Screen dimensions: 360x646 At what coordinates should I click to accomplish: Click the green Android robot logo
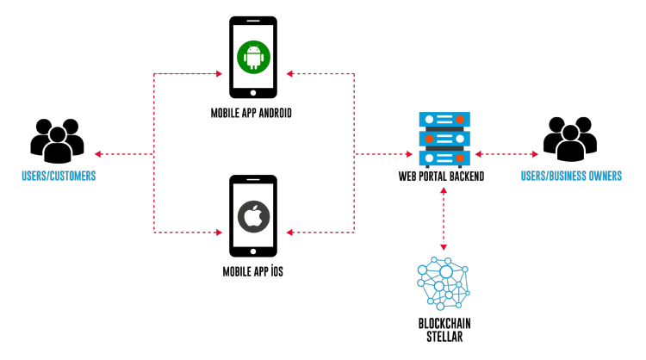[253, 58]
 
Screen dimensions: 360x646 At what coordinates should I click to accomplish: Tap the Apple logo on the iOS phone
[253, 215]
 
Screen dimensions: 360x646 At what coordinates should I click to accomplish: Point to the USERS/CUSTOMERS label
[59, 177]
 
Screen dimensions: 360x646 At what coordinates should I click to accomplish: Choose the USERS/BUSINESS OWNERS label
[571, 177]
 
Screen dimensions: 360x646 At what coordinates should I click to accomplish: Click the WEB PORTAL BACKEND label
[441, 177]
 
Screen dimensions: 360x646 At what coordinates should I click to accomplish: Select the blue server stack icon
[442, 138]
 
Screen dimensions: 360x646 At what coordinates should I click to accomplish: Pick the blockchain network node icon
[443, 283]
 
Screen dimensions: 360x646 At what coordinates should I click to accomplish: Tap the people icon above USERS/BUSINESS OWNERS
[570, 138]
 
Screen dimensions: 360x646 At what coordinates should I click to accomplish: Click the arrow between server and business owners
[506, 154]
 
